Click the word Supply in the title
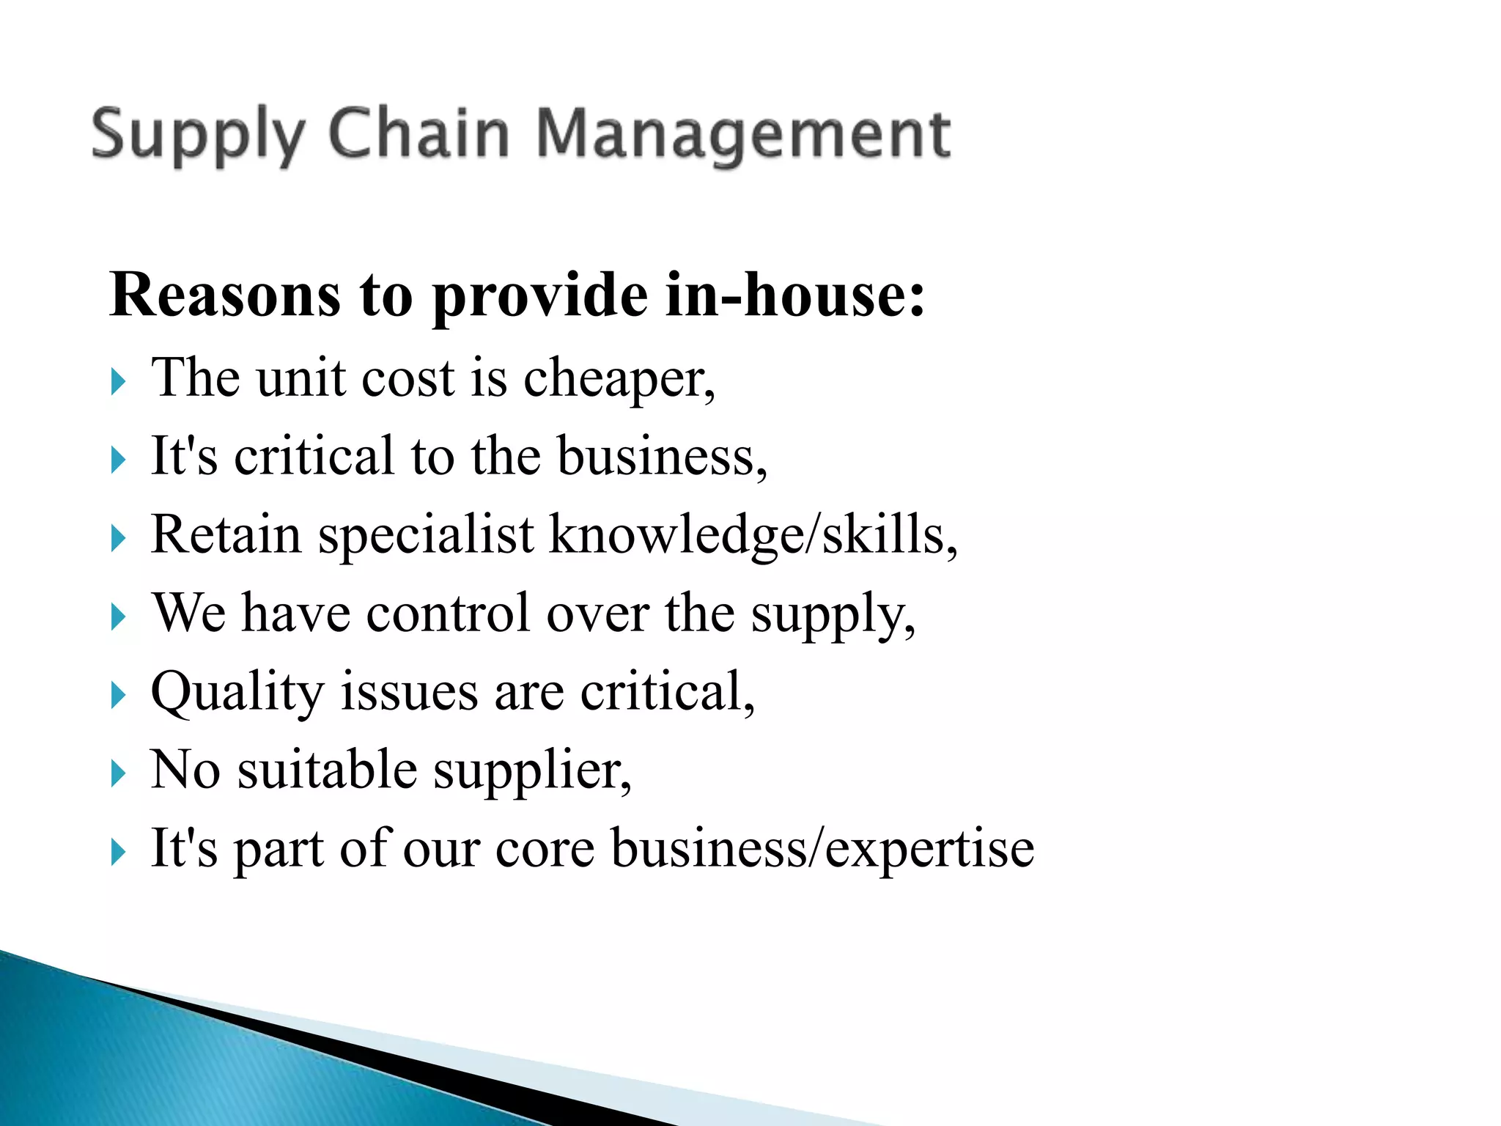(197, 135)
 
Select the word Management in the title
(743, 135)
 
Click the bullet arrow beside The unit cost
(118, 382)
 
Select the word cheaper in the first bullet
(619, 380)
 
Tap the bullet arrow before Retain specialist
(118, 539)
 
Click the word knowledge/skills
(753, 536)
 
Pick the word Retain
(226, 534)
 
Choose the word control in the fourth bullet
(448, 613)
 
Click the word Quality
(237, 693)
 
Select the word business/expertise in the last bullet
(822, 850)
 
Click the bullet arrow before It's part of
(118, 852)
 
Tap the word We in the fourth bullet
(188, 613)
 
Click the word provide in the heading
(540, 296)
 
